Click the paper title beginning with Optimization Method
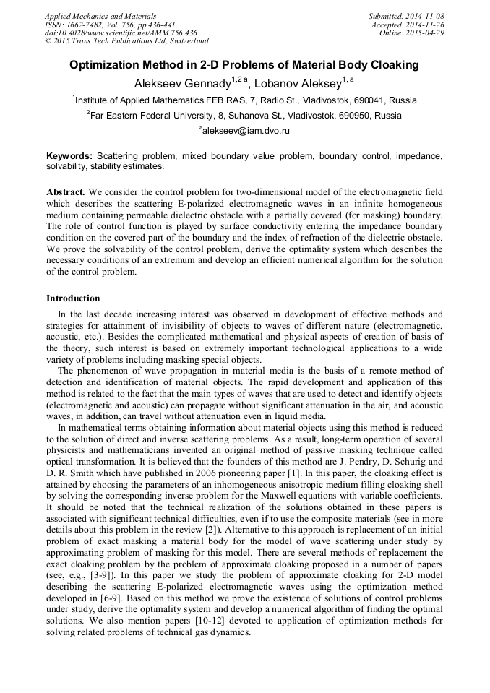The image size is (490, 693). pyautogui.click(x=244, y=65)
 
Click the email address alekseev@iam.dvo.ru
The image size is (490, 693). pyautogui.click(x=246, y=131)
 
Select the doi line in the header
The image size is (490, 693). pyautogui.click(x=121, y=33)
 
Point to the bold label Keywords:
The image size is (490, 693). pyautogui.click(x=69, y=156)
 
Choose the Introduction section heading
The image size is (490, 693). pyautogui.click(x=73, y=298)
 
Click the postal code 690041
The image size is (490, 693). pyautogui.click(x=370, y=100)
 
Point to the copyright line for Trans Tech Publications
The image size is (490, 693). pyautogui.click(x=126, y=41)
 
